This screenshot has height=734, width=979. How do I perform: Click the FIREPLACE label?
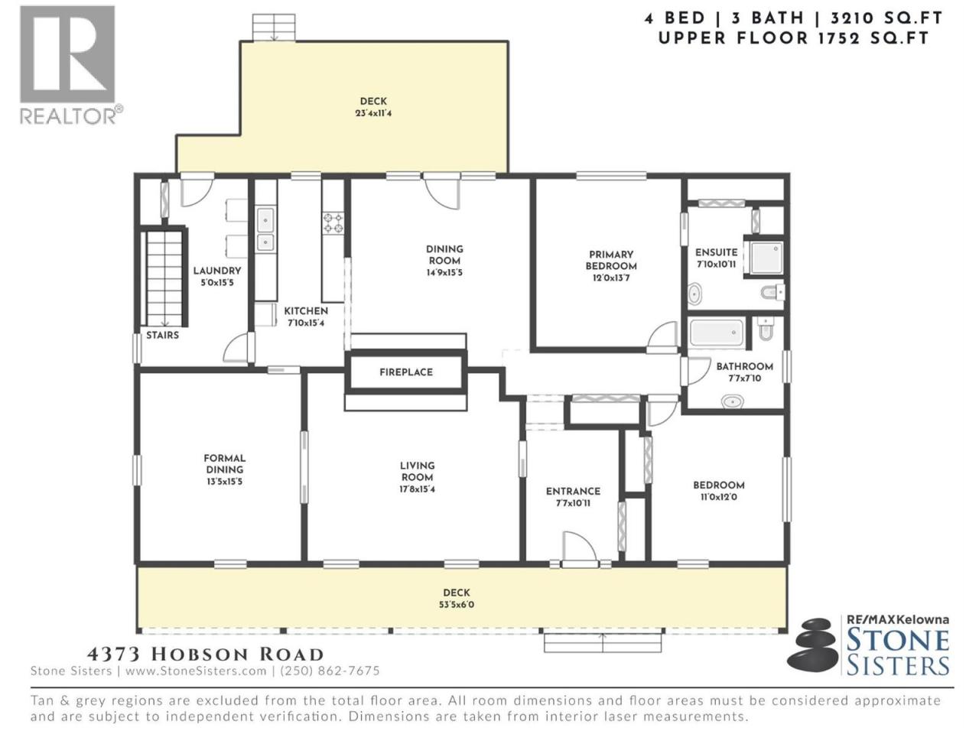coord(406,372)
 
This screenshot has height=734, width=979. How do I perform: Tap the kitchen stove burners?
coord(333,223)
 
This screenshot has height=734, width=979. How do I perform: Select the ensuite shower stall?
coord(766,258)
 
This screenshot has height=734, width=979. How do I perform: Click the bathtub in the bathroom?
coord(717,333)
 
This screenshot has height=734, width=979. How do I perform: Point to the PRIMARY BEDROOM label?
coord(610,260)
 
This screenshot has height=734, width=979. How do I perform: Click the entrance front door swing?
coord(579,548)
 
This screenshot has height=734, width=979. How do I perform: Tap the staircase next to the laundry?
coord(164,278)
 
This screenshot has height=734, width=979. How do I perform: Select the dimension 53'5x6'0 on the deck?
coord(457,605)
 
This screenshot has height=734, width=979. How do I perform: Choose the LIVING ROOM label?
coord(417,471)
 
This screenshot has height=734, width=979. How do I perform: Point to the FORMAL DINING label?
coord(224,463)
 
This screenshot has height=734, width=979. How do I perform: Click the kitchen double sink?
coord(265,229)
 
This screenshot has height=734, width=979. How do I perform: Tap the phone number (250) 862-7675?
coord(330,671)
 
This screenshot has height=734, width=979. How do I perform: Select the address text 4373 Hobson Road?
coord(205,654)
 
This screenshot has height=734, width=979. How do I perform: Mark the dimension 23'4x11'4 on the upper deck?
coord(373,113)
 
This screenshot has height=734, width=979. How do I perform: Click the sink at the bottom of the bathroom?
coord(733,401)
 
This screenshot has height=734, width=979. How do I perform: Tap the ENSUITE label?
coord(717,252)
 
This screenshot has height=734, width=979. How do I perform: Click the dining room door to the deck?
coord(441,193)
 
